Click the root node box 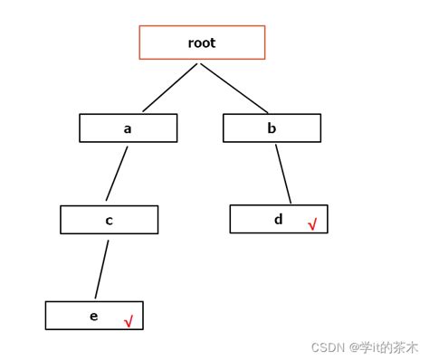[x=202, y=43]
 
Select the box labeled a [x=128, y=128]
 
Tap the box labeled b [x=272, y=128]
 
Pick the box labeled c [x=109, y=220]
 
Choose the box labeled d [x=278, y=219]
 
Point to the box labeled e [x=94, y=315]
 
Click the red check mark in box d [x=312, y=223]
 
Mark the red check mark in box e [x=129, y=321]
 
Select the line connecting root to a [x=170, y=87]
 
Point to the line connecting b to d [x=283, y=174]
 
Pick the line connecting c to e [x=102, y=267]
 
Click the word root [x=202, y=43]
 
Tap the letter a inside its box [x=128, y=128]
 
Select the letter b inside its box [x=272, y=128]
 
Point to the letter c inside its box [x=109, y=221]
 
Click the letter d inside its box [x=278, y=219]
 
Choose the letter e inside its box [x=93, y=316]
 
